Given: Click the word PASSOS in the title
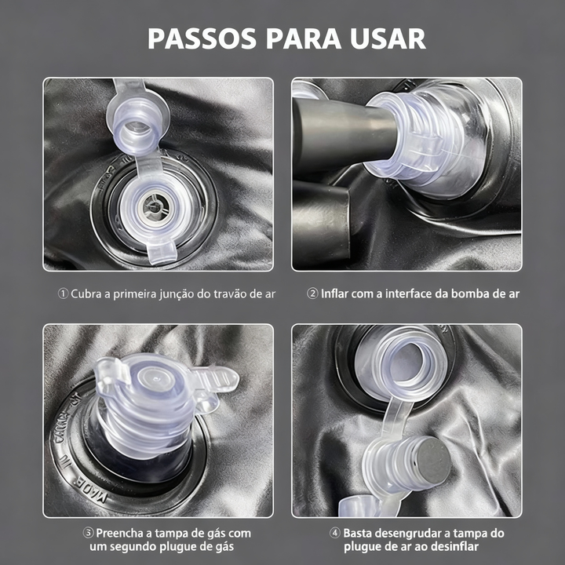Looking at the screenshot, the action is [202, 38].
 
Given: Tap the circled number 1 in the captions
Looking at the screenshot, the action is [63, 293].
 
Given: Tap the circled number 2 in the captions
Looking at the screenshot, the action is [312, 293].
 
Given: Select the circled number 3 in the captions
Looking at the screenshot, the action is [88, 533].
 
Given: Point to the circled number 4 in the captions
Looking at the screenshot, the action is [335, 533].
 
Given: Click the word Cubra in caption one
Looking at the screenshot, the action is [86, 293].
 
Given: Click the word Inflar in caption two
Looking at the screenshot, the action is [335, 293].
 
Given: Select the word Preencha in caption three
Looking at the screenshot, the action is [119, 533].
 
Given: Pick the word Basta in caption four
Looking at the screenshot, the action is [357, 533].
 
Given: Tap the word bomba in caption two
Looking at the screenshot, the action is [469, 293].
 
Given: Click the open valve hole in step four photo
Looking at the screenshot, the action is [406, 365].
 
